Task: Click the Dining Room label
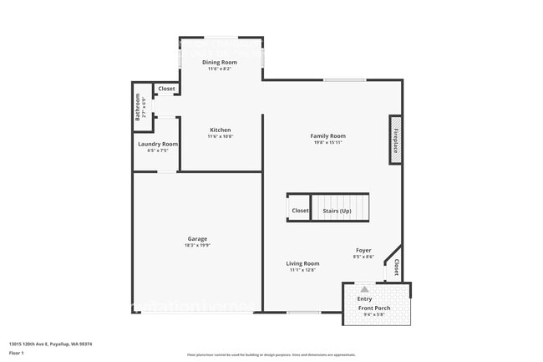pyautogui.click(x=220, y=63)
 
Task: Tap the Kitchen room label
pyautogui.click(x=220, y=130)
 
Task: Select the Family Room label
pyautogui.click(x=327, y=136)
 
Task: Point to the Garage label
pyautogui.click(x=197, y=239)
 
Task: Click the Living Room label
pyautogui.click(x=302, y=264)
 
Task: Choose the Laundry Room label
pyautogui.click(x=158, y=144)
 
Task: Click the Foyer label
pyautogui.click(x=363, y=251)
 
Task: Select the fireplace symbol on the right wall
pyautogui.click(x=395, y=140)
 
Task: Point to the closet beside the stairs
pyautogui.click(x=300, y=211)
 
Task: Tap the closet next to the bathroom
pyautogui.click(x=167, y=89)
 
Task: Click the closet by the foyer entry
pyautogui.click(x=396, y=267)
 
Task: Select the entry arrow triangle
pyautogui.click(x=364, y=289)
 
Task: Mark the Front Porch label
pyautogui.click(x=376, y=308)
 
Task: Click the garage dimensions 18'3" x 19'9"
pyautogui.click(x=197, y=246)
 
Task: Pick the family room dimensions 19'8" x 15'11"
pyautogui.click(x=327, y=143)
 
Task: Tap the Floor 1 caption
pyautogui.click(x=16, y=353)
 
